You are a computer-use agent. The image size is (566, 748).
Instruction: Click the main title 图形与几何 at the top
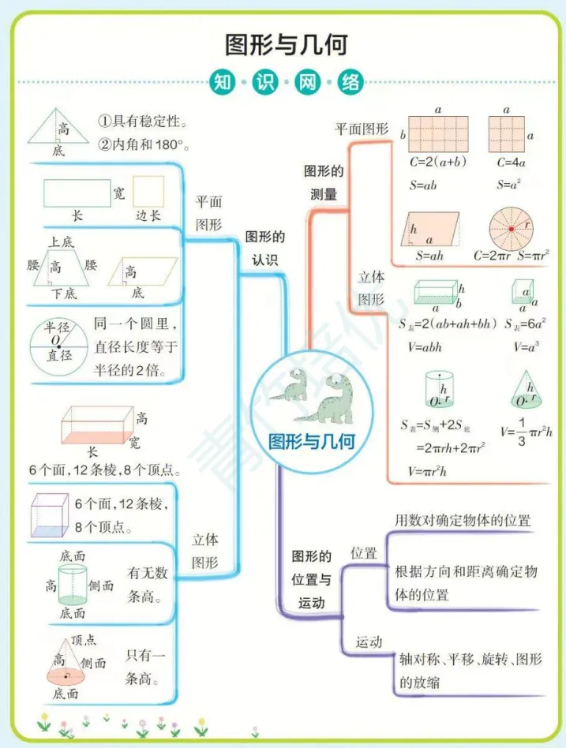coord(286,44)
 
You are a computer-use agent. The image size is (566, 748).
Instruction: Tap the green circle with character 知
coord(220,81)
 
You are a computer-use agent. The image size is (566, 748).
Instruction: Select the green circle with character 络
coord(351,81)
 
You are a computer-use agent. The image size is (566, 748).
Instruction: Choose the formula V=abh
coord(425,346)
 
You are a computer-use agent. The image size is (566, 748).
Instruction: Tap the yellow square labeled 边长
coord(148,192)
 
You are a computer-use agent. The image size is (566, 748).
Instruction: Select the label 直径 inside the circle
coord(58,356)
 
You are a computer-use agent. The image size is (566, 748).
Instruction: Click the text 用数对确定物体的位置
coord(463,520)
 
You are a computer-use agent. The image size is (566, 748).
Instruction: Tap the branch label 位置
coord(364,553)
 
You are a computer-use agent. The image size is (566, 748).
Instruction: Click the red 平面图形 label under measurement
coord(362,128)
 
